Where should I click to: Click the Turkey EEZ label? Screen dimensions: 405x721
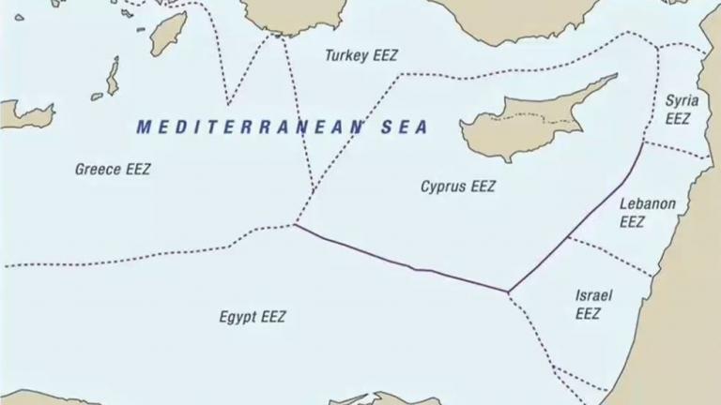(361, 56)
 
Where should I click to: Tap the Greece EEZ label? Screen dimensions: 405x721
(113, 170)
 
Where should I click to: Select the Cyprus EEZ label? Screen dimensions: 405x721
(458, 187)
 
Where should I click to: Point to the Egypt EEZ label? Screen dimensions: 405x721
(253, 317)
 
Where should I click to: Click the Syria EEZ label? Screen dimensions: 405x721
(678, 110)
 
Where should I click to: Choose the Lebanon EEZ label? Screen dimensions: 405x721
(646, 213)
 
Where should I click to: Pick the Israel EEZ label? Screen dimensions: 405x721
(593, 305)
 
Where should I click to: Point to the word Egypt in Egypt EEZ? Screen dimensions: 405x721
(238, 317)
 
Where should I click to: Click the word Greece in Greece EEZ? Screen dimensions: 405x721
(97, 170)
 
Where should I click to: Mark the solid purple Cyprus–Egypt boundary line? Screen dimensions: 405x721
(404, 262)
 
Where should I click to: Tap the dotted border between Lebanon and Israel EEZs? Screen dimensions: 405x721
(610, 256)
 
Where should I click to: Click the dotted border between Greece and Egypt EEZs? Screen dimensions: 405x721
(141, 258)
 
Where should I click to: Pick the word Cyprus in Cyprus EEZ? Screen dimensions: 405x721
(443, 187)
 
